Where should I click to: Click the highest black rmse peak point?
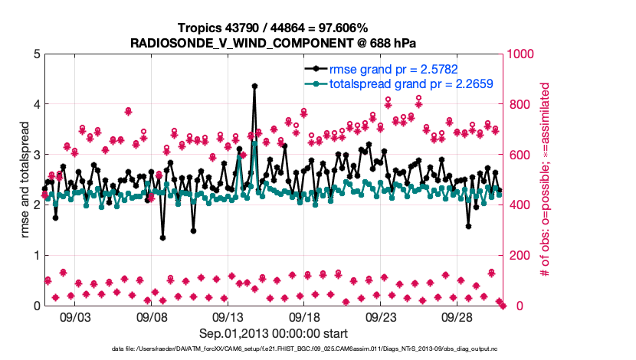tap(254, 87)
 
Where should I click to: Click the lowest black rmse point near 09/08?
tap(162, 237)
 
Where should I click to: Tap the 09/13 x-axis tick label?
tap(228, 316)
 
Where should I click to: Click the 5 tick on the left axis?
tap(36, 54)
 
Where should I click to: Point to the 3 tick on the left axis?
tap(36, 155)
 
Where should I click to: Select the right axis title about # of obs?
tap(545, 180)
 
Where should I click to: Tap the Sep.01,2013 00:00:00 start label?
tap(274, 333)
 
